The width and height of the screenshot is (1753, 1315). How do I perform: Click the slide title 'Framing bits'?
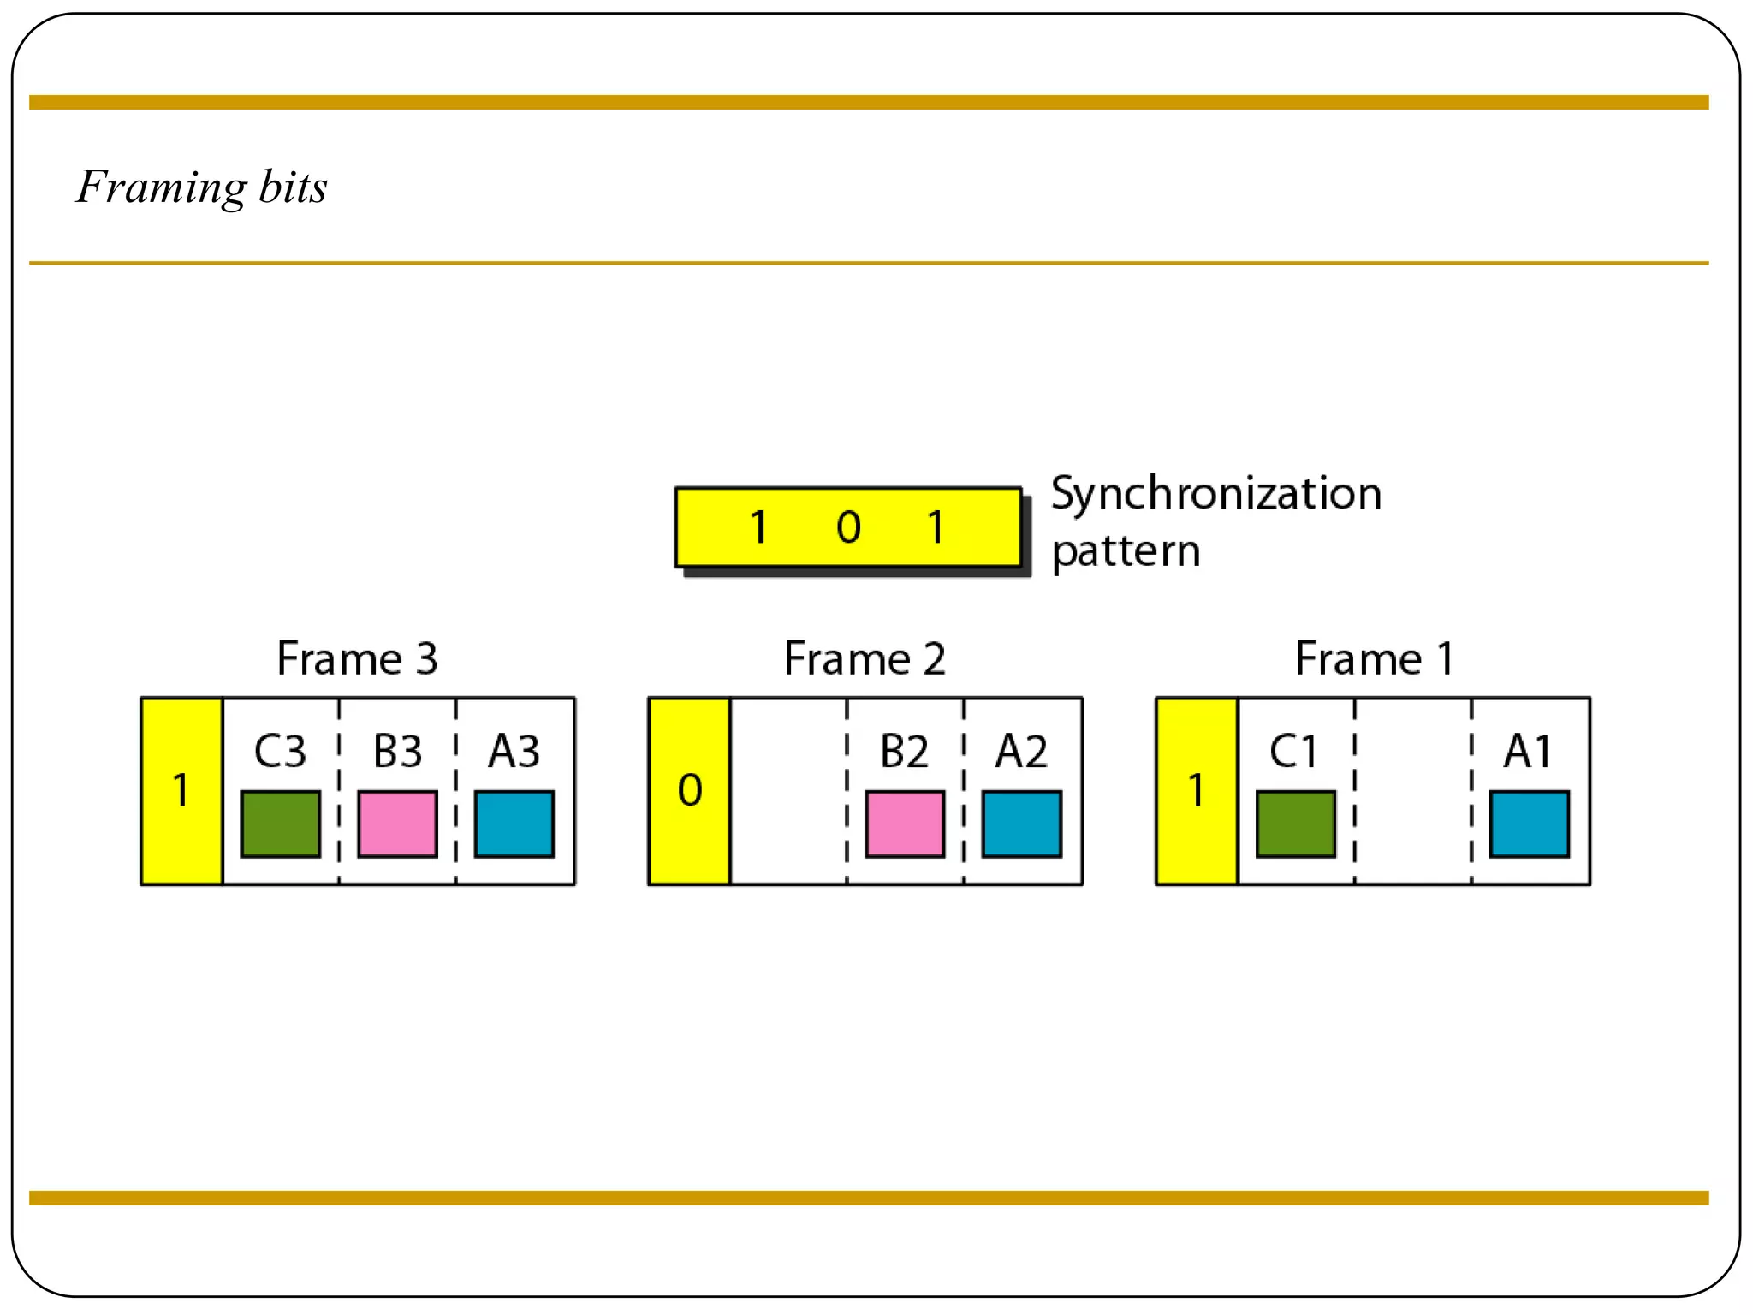pos(202,187)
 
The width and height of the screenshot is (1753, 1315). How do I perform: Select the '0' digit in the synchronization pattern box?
pos(848,527)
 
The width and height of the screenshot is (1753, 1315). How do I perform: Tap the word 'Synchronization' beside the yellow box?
pos(1215,494)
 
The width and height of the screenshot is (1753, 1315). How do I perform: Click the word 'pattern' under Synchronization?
pos(1126,550)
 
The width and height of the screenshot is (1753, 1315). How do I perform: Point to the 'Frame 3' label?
pos(357,658)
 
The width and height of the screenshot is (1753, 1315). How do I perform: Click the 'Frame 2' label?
pos(865,658)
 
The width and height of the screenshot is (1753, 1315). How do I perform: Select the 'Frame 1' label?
pos(1373,658)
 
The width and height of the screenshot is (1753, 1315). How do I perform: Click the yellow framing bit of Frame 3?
pos(181,791)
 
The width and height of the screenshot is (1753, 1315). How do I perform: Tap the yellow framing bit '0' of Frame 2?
pos(689,791)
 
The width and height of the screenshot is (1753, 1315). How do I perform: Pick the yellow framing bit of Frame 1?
pos(1197,791)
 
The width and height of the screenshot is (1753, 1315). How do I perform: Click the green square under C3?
pos(281,824)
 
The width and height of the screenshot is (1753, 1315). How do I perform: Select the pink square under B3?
pos(397,824)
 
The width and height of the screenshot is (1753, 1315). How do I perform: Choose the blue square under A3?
pos(514,824)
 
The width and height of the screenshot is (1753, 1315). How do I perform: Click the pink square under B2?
pos(905,824)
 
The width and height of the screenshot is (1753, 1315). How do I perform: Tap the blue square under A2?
pos(1022,824)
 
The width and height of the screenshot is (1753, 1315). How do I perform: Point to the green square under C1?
pos(1296,824)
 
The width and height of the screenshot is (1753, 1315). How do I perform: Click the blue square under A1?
pos(1530,824)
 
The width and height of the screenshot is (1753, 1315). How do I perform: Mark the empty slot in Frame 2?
pos(788,791)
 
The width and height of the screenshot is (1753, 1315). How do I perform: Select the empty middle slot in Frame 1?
pos(1413,791)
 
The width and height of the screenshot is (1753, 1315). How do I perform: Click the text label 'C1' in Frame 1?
pos(1293,752)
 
